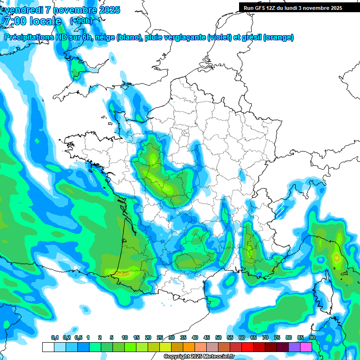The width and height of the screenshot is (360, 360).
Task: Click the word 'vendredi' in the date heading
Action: [22, 10]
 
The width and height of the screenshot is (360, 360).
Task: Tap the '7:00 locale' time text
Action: [32, 21]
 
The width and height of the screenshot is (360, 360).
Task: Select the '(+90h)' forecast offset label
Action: [81, 21]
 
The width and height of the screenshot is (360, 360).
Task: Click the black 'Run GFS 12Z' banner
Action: [293, 7]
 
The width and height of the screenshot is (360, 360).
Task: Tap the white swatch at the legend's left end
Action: [48, 347]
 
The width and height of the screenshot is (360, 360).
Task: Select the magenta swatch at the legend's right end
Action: [306, 347]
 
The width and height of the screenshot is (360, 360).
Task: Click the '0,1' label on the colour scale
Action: [54, 337]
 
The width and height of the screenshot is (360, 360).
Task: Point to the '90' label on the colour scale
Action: [312, 337]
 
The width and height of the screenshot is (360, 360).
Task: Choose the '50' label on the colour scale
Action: [218, 337]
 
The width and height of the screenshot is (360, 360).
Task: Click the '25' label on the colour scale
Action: [160, 337]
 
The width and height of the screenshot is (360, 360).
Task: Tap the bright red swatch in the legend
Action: [247, 347]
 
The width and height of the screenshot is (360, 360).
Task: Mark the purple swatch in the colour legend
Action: [294, 347]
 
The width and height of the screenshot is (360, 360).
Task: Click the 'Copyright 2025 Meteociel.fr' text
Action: [199, 357]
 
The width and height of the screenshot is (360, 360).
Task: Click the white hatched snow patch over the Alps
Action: [280, 210]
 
